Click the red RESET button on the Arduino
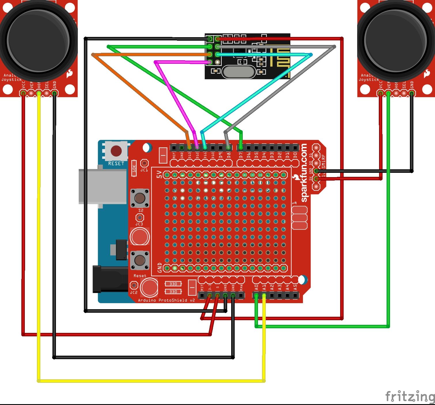(x=116, y=151)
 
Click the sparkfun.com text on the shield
(x=304, y=173)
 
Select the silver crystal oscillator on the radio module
(x=239, y=72)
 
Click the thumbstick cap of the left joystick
(x=38, y=40)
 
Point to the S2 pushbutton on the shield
(x=140, y=198)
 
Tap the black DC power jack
(x=110, y=279)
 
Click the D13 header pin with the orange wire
(x=189, y=148)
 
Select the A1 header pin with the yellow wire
(x=264, y=295)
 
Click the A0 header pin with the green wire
(x=256, y=295)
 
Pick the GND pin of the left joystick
(x=54, y=93)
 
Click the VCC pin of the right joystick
(x=381, y=93)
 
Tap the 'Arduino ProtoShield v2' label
(x=166, y=300)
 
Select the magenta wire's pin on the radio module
(x=210, y=62)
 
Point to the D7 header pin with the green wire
(x=241, y=148)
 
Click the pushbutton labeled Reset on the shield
(x=140, y=260)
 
